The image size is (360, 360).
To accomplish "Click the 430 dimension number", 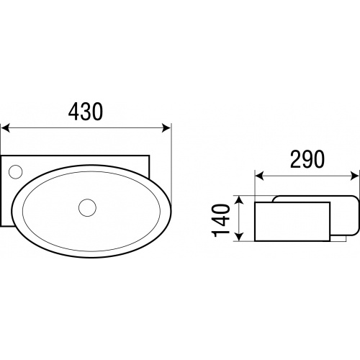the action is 86,112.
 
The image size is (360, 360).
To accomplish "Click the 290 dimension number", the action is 307,159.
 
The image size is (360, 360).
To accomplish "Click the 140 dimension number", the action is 220,220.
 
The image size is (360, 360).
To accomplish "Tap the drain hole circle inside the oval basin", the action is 88,207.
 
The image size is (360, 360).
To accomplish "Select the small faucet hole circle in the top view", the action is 15,171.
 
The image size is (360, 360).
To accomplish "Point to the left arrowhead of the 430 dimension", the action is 5,127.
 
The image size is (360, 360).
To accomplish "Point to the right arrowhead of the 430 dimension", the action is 166,127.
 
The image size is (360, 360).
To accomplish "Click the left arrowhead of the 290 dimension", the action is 259,176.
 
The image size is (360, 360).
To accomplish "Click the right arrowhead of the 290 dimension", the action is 355,176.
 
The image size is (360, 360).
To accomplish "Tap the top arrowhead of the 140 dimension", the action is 239,199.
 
